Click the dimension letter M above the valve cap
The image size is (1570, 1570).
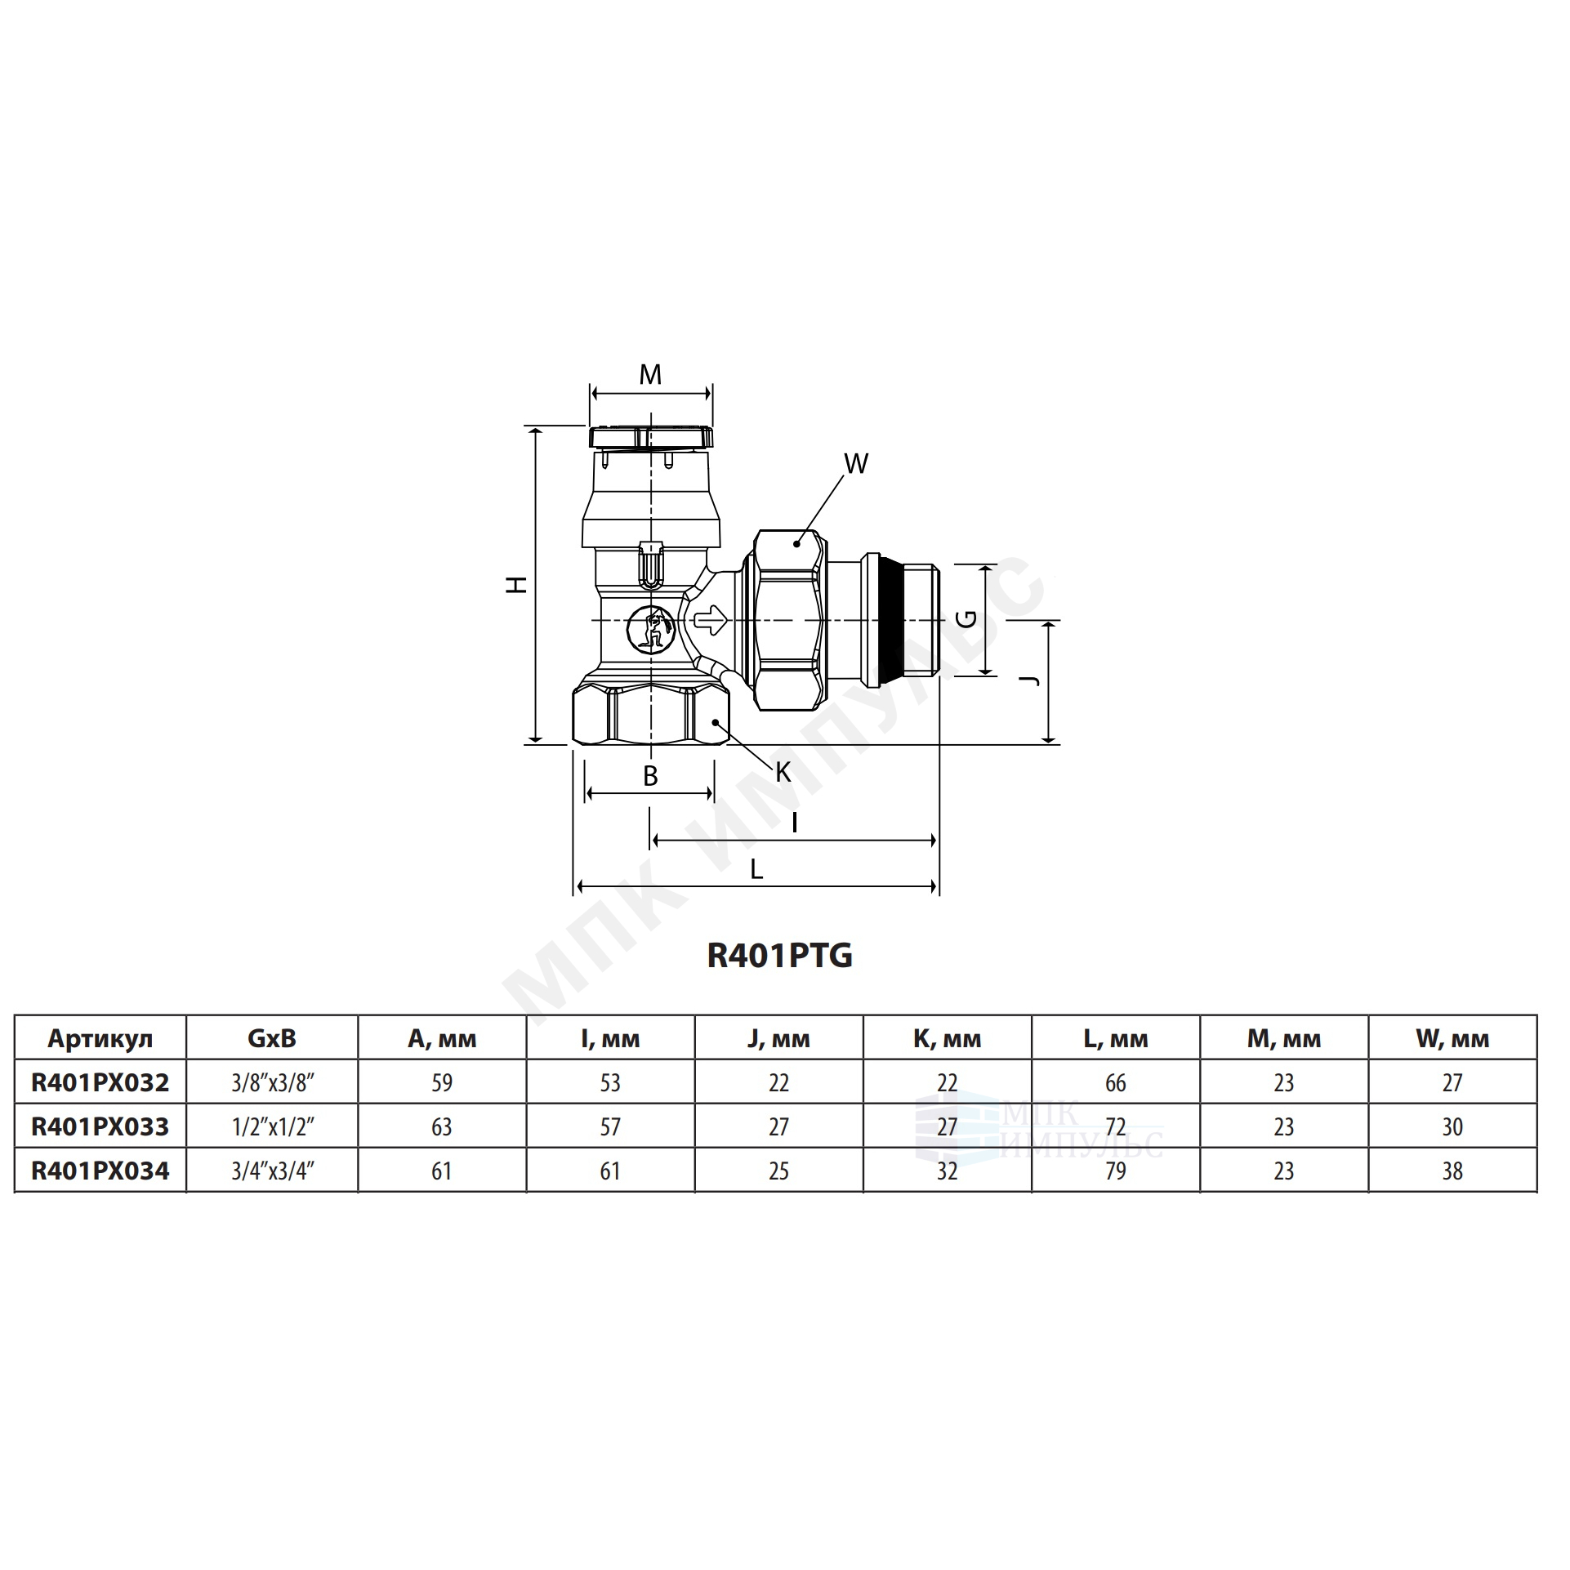[650, 375]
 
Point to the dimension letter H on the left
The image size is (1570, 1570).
[516, 585]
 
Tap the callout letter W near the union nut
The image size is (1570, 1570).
[855, 464]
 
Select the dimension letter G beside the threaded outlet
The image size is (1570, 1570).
[966, 619]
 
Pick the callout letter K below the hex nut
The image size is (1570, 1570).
[783, 772]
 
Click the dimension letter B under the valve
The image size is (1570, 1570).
[650, 777]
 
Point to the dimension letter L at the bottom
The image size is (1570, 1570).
[756, 870]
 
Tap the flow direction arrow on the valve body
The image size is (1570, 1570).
[709, 622]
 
